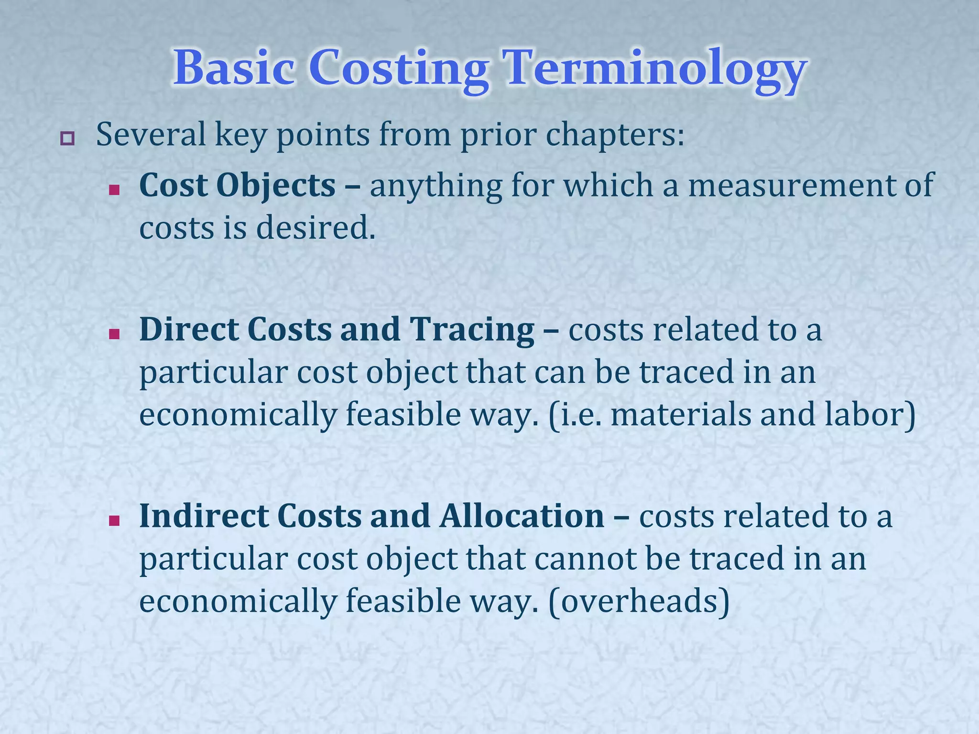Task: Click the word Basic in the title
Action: click(x=234, y=68)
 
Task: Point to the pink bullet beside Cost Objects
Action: click(x=114, y=190)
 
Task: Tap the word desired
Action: click(x=315, y=228)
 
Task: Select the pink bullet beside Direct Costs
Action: click(x=114, y=335)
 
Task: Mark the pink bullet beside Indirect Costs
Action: click(x=114, y=521)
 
